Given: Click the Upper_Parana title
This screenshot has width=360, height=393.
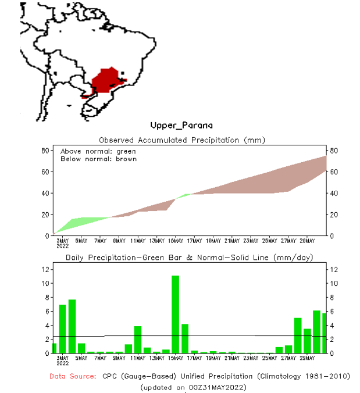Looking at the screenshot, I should click(181, 125).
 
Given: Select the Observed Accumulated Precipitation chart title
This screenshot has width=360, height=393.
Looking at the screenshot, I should click(181, 140).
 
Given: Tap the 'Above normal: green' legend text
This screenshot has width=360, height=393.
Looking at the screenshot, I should click(98, 151).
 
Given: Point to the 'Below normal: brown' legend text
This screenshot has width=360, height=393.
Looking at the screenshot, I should click(98, 159).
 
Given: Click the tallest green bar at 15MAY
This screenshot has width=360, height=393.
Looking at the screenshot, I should click(175, 314).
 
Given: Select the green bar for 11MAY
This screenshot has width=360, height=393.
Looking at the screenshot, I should click(138, 340).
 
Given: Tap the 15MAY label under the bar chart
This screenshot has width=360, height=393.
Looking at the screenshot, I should click(176, 358).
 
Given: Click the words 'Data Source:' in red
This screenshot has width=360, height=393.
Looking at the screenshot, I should click(73, 377).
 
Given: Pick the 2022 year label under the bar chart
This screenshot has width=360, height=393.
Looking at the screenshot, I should click(63, 363).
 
